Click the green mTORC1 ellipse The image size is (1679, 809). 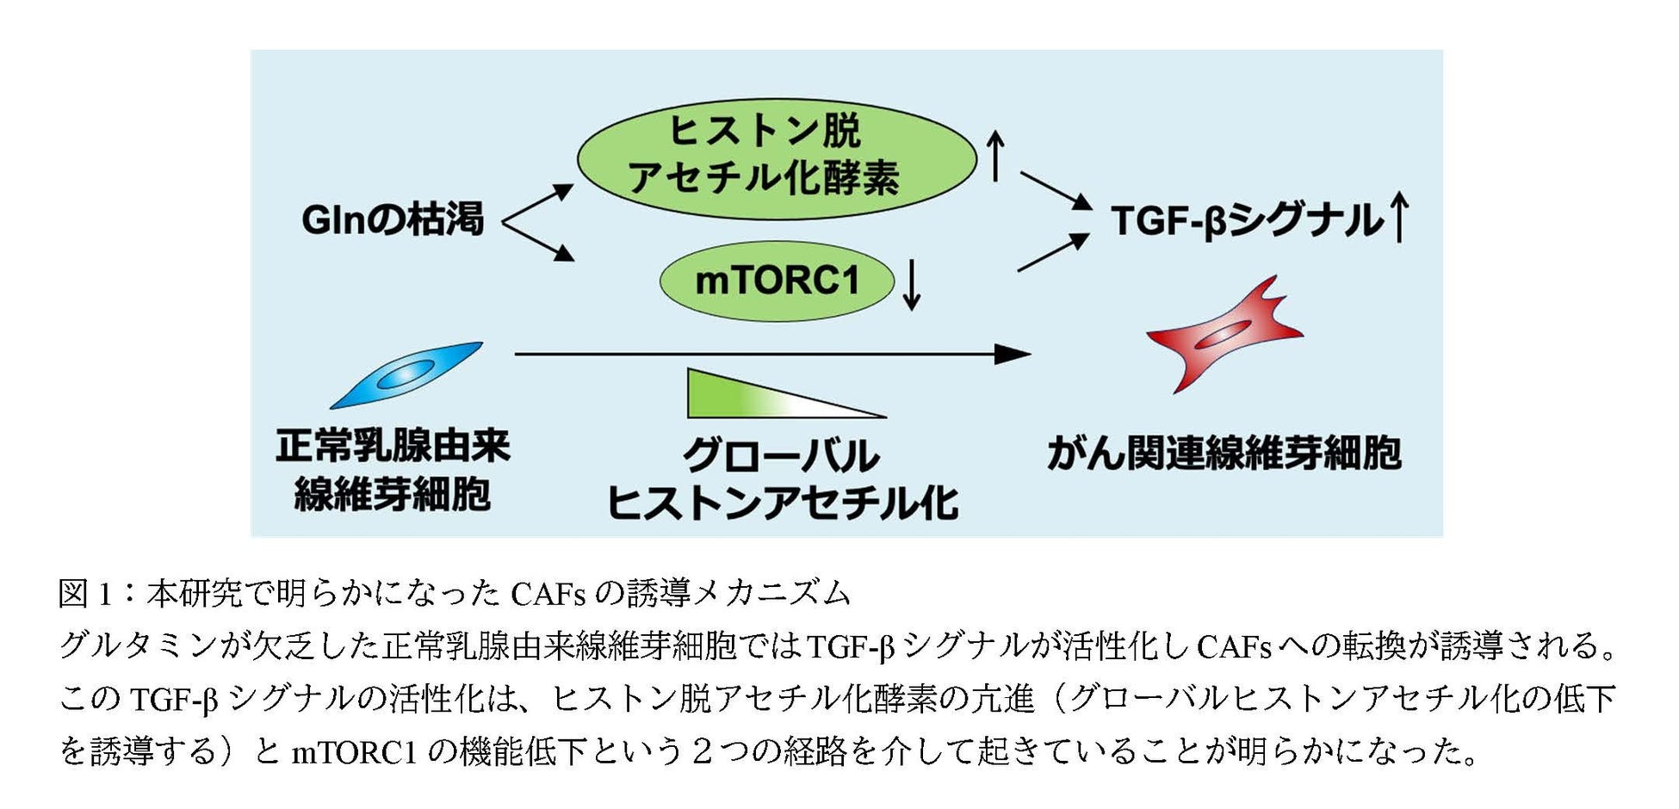tap(777, 281)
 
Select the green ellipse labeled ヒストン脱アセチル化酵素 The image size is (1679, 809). tap(777, 157)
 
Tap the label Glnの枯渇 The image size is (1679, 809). tap(393, 219)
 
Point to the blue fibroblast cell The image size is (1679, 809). tap(406, 375)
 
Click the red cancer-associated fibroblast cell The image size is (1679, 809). tap(1223, 334)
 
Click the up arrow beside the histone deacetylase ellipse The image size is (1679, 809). tap(995, 156)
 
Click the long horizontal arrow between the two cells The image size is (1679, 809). tap(772, 354)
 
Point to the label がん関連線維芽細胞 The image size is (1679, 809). tap(1224, 454)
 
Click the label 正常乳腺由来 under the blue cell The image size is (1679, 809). tap(393, 446)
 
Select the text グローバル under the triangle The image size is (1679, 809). tap(781, 455)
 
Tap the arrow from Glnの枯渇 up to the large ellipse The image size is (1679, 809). tap(537, 203)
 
